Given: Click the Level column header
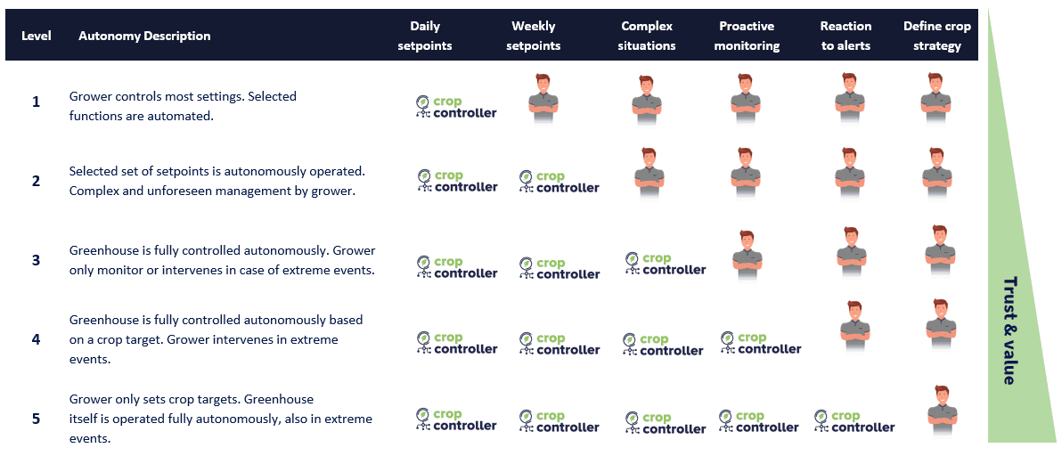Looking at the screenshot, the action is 36,36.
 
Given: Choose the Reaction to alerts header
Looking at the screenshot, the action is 846,36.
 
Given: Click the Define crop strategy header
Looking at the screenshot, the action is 936,36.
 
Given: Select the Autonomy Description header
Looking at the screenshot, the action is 144,36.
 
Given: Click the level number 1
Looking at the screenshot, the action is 36,102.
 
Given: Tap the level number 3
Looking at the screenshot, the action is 36,260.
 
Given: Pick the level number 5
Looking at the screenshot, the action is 36,419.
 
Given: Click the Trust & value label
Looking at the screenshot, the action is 1009,330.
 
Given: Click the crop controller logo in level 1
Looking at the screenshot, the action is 456,107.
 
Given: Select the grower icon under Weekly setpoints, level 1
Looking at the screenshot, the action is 543,98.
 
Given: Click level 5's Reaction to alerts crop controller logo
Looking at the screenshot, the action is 854,421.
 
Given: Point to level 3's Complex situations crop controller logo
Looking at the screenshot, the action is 666,264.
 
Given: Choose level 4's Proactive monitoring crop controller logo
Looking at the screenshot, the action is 761,343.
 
